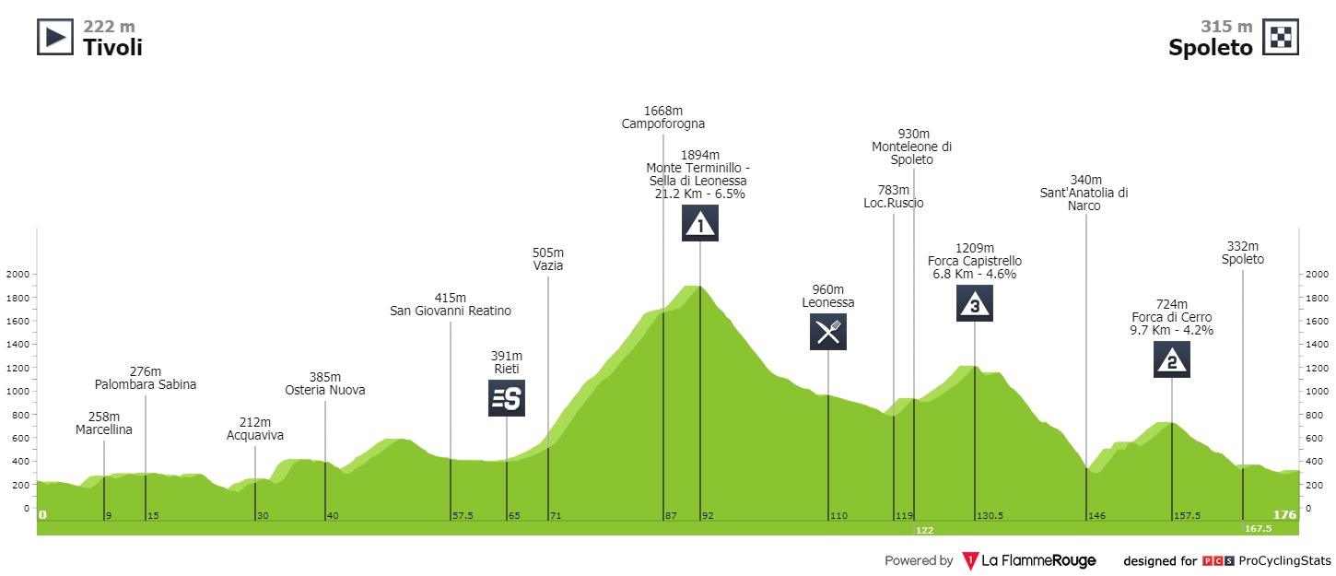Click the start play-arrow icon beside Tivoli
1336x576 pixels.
point(54,37)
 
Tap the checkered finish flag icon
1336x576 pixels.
point(1281,37)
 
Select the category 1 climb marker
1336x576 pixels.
point(700,224)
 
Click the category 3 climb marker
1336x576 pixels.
point(975,304)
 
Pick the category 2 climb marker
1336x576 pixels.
point(1172,359)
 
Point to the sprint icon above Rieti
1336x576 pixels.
point(507,398)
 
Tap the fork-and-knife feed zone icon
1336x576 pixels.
point(828,332)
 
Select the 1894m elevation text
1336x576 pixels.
point(701,155)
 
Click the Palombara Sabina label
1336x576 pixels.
point(146,384)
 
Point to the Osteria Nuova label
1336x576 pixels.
point(325,390)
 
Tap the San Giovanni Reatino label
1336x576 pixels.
point(451,311)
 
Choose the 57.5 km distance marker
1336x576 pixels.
point(462,515)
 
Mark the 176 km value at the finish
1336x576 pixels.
point(1283,514)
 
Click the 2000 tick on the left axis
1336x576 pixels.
point(18,274)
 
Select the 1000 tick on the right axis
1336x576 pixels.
point(1316,391)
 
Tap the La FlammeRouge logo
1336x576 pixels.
point(1030,560)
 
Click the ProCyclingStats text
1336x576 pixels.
point(1284,560)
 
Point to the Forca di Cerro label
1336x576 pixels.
point(1172,317)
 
